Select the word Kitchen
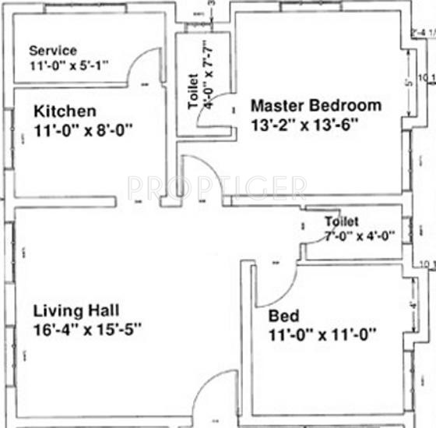point(65,111)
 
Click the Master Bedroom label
point(315,105)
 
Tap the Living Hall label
point(76,310)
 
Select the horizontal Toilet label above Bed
point(342,222)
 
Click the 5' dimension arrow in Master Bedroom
point(410,82)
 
